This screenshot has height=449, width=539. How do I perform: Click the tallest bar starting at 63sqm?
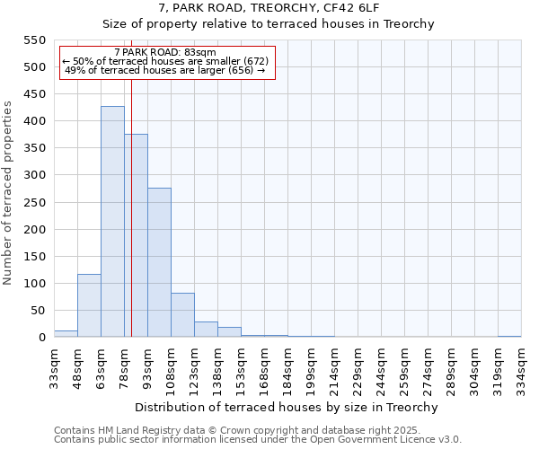coord(112,222)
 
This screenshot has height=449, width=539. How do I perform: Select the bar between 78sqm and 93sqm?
coord(136,235)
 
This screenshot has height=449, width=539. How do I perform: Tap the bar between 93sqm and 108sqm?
coord(159,262)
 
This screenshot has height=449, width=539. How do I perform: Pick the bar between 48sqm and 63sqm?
coord(89,305)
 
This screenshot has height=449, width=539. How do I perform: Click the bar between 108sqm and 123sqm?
coord(182,315)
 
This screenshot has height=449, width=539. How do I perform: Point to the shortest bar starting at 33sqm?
coord(66,333)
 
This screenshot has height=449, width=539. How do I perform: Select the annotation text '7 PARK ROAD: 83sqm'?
coord(166,53)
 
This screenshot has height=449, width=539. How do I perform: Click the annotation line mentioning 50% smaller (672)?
coord(166,61)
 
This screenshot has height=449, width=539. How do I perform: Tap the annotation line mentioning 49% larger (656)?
coord(166,70)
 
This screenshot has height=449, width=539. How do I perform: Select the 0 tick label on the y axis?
coord(41,338)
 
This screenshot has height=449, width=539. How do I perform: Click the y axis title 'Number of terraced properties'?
coord(8,193)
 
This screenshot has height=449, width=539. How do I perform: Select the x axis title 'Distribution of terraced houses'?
coord(287,407)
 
